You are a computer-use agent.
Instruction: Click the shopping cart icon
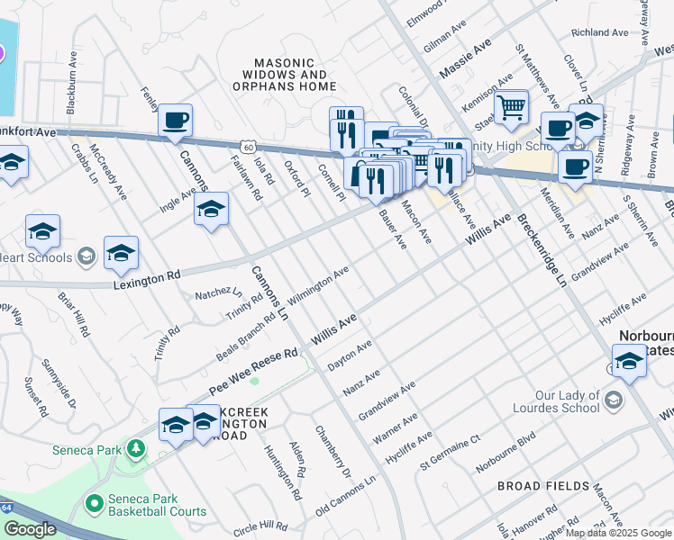pyautogui.click(x=511, y=107)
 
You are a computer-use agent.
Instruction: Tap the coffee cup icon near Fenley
pyautogui.click(x=176, y=121)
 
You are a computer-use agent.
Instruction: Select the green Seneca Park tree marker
pyautogui.click(x=134, y=447)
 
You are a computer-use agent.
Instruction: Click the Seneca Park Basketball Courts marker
pyautogui.click(x=95, y=504)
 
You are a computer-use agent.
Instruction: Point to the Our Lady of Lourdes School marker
pyautogui.click(x=615, y=400)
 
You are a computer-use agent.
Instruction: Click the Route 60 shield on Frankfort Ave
pyautogui.click(x=248, y=146)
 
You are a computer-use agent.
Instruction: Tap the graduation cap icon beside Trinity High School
pyautogui.click(x=586, y=119)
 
